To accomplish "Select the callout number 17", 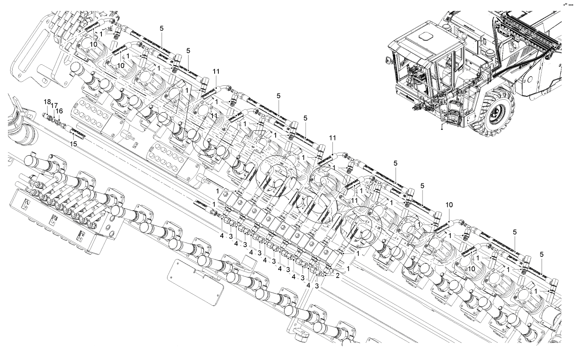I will pos(54,106).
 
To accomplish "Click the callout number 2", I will pos(337,276).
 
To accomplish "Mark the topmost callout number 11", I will pos(216,72).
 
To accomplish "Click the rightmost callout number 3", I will pos(317,286).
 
